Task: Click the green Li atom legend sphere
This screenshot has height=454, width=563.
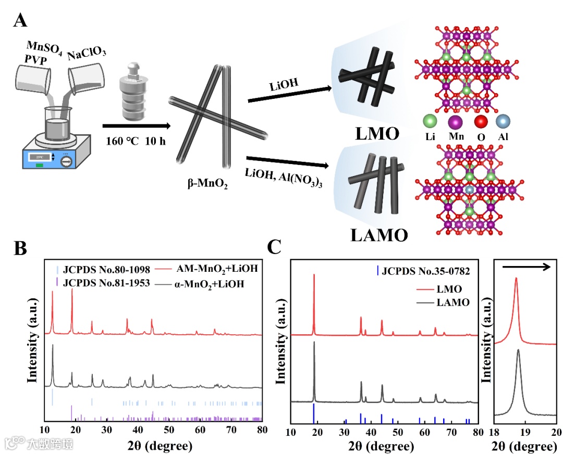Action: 430,122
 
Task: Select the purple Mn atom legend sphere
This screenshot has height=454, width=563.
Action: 455,122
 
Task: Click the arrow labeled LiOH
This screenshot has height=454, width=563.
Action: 290,94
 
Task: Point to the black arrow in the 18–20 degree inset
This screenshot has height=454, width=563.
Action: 527,267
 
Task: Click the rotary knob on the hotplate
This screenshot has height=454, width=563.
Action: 66,160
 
